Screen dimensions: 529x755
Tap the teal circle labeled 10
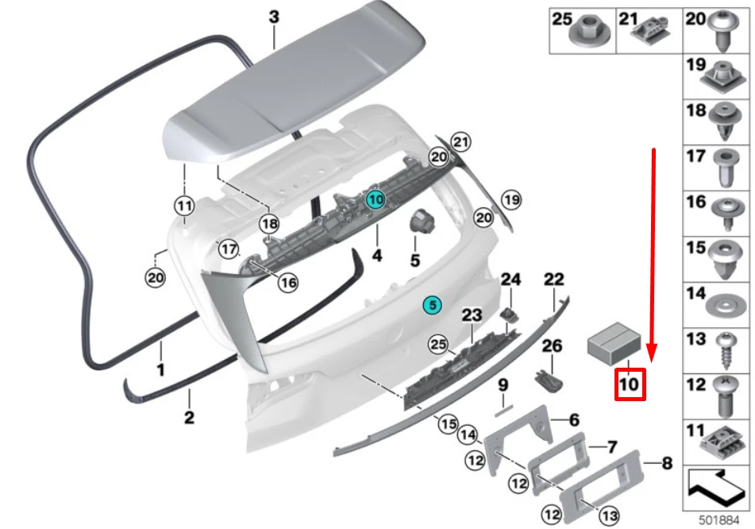point(376,200)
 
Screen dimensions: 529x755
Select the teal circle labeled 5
point(431,304)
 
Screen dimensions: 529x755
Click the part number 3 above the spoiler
point(274,17)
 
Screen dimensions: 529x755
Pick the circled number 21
point(461,141)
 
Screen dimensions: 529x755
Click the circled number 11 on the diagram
point(184,207)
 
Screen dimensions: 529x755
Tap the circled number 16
point(288,281)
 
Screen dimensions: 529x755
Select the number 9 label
point(503,386)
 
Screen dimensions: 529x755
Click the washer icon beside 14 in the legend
point(723,303)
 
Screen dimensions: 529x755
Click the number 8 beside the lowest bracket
point(666,461)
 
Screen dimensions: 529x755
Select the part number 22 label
point(553,278)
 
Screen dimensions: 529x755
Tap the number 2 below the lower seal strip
point(189,418)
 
